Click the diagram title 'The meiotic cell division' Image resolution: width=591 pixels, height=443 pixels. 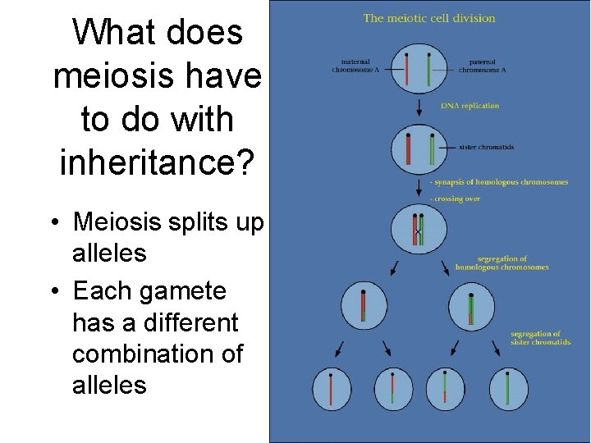point(429,18)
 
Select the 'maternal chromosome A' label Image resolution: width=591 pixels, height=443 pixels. point(350,66)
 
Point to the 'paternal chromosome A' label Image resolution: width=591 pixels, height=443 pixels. point(482,66)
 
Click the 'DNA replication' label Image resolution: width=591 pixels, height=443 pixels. point(470,106)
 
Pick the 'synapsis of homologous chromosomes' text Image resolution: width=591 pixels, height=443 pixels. point(500,182)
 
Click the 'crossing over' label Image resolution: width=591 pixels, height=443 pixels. point(457,199)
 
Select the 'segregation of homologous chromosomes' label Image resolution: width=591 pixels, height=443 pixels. point(502,263)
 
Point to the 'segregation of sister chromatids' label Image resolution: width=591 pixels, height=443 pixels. point(540,337)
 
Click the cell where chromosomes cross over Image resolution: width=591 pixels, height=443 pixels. point(419,229)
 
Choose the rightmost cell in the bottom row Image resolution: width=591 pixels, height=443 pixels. point(510,388)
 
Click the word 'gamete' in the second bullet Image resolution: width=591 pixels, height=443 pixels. point(186,292)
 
